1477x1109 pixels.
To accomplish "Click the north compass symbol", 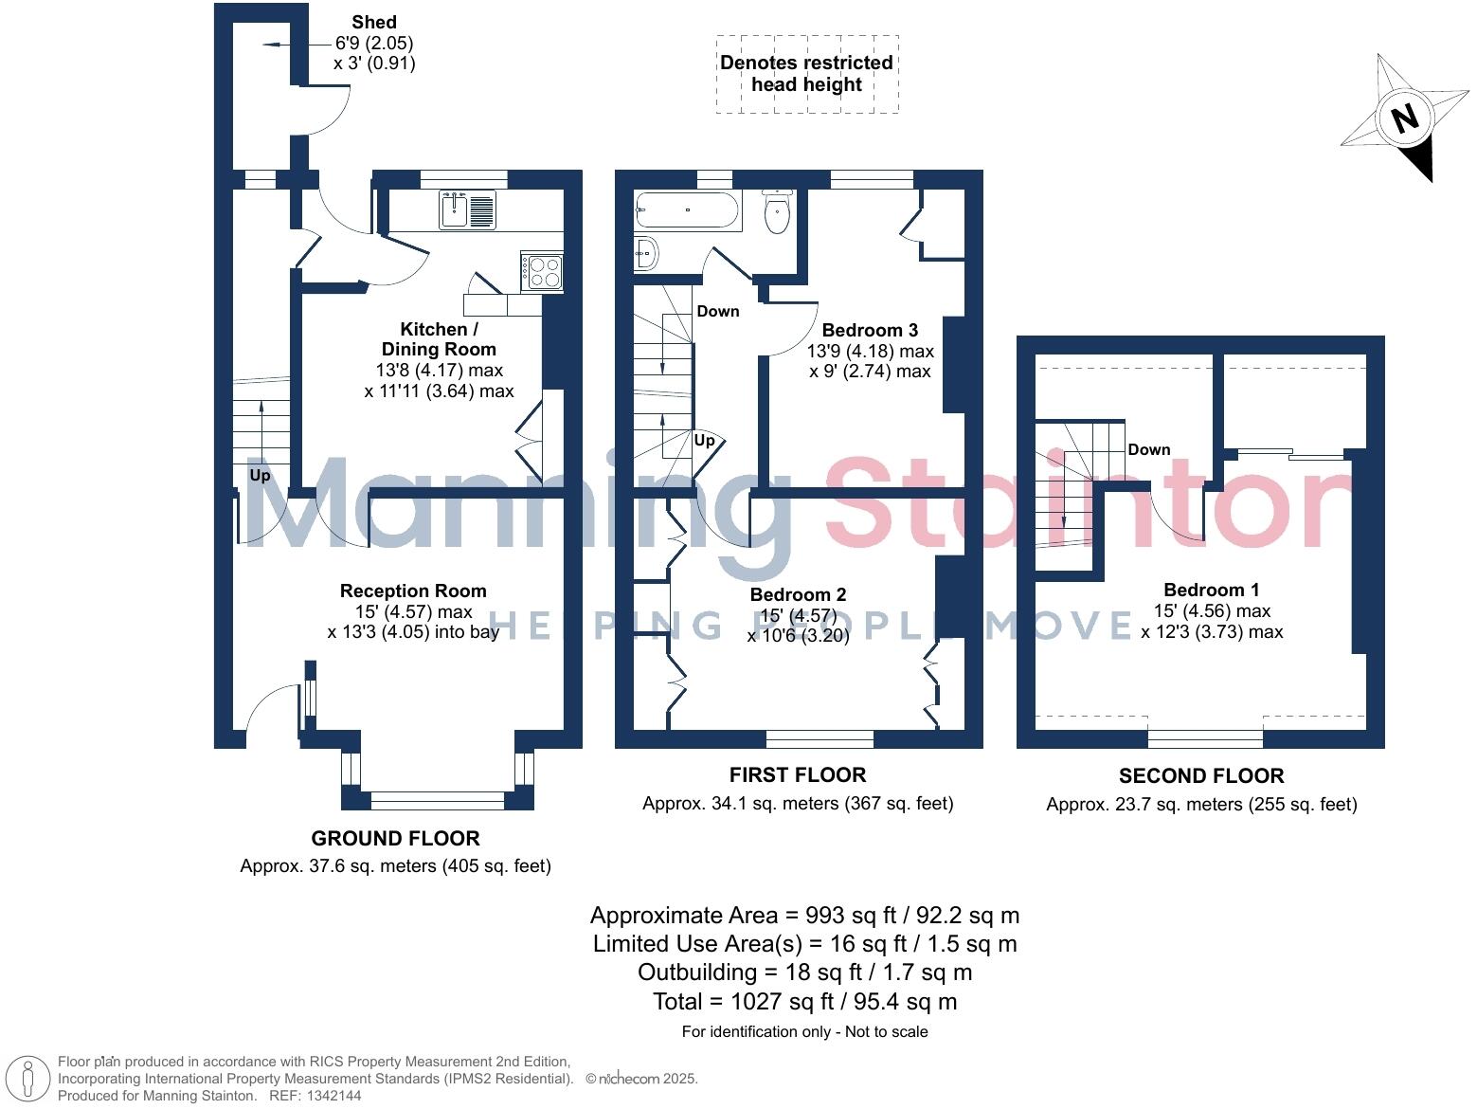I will pyautogui.click(x=1403, y=118).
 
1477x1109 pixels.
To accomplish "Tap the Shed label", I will pyautogui.click(x=373, y=22).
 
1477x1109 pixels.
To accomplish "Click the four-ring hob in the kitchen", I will pyautogui.click(x=542, y=272).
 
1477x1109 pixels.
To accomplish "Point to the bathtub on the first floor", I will pyautogui.click(x=687, y=210).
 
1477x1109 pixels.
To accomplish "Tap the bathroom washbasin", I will pyautogui.click(x=647, y=253).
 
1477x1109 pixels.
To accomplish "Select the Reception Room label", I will pyautogui.click(x=413, y=591).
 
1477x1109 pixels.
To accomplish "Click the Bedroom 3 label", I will pyautogui.click(x=869, y=330).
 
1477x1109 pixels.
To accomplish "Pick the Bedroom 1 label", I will pyautogui.click(x=1211, y=590).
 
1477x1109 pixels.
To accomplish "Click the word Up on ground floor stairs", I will pyautogui.click(x=260, y=475).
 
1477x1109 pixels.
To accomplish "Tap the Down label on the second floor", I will pyautogui.click(x=1148, y=449).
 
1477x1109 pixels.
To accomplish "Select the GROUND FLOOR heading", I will pyautogui.click(x=395, y=838).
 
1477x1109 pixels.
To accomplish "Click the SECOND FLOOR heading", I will pyautogui.click(x=1200, y=775).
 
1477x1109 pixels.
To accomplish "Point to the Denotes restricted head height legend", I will pyautogui.click(x=806, y=74).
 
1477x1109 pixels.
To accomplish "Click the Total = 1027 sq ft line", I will pyautogui.click(x=804, y=1001).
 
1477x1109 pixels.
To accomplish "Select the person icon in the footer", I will pyautogui.click(x=28, y=1080).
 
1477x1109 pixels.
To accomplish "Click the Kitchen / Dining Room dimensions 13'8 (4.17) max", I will pyautogui.click(x=439, y=371).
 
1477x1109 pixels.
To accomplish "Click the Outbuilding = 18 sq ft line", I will pyautogui.click(x=804, y=972).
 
